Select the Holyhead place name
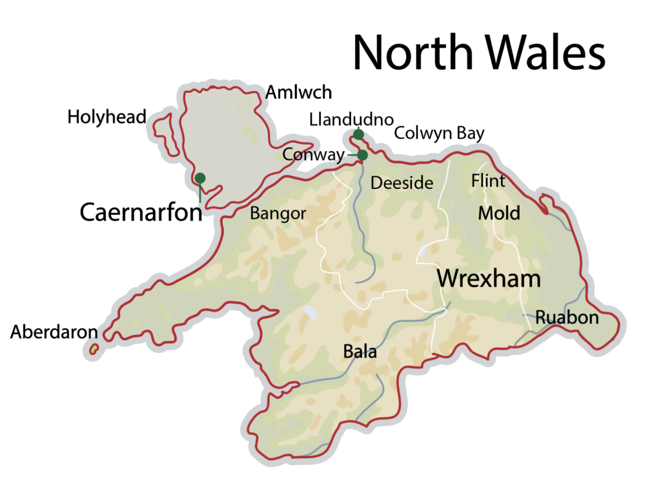click(x=107, y=117)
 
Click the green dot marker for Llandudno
click(x=358, y=134)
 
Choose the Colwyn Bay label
click(x=439, y=134)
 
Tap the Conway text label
click(x=313, y=156)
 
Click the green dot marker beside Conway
click(x=362, y=155)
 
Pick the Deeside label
click(x=402, y=183)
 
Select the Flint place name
click(x=488, y=181)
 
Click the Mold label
click(x=498, y=213)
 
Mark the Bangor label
click(x=278, y=214)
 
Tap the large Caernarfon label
click(x=141, y=212)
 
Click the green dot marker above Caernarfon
click(x=200, y=178)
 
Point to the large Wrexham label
click(x=489, y=279)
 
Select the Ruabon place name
click(x=567, y=318)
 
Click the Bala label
click(x=360, y=353)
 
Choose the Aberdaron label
click(x=54, y=332)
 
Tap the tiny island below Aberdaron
click(x=94, y=349)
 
